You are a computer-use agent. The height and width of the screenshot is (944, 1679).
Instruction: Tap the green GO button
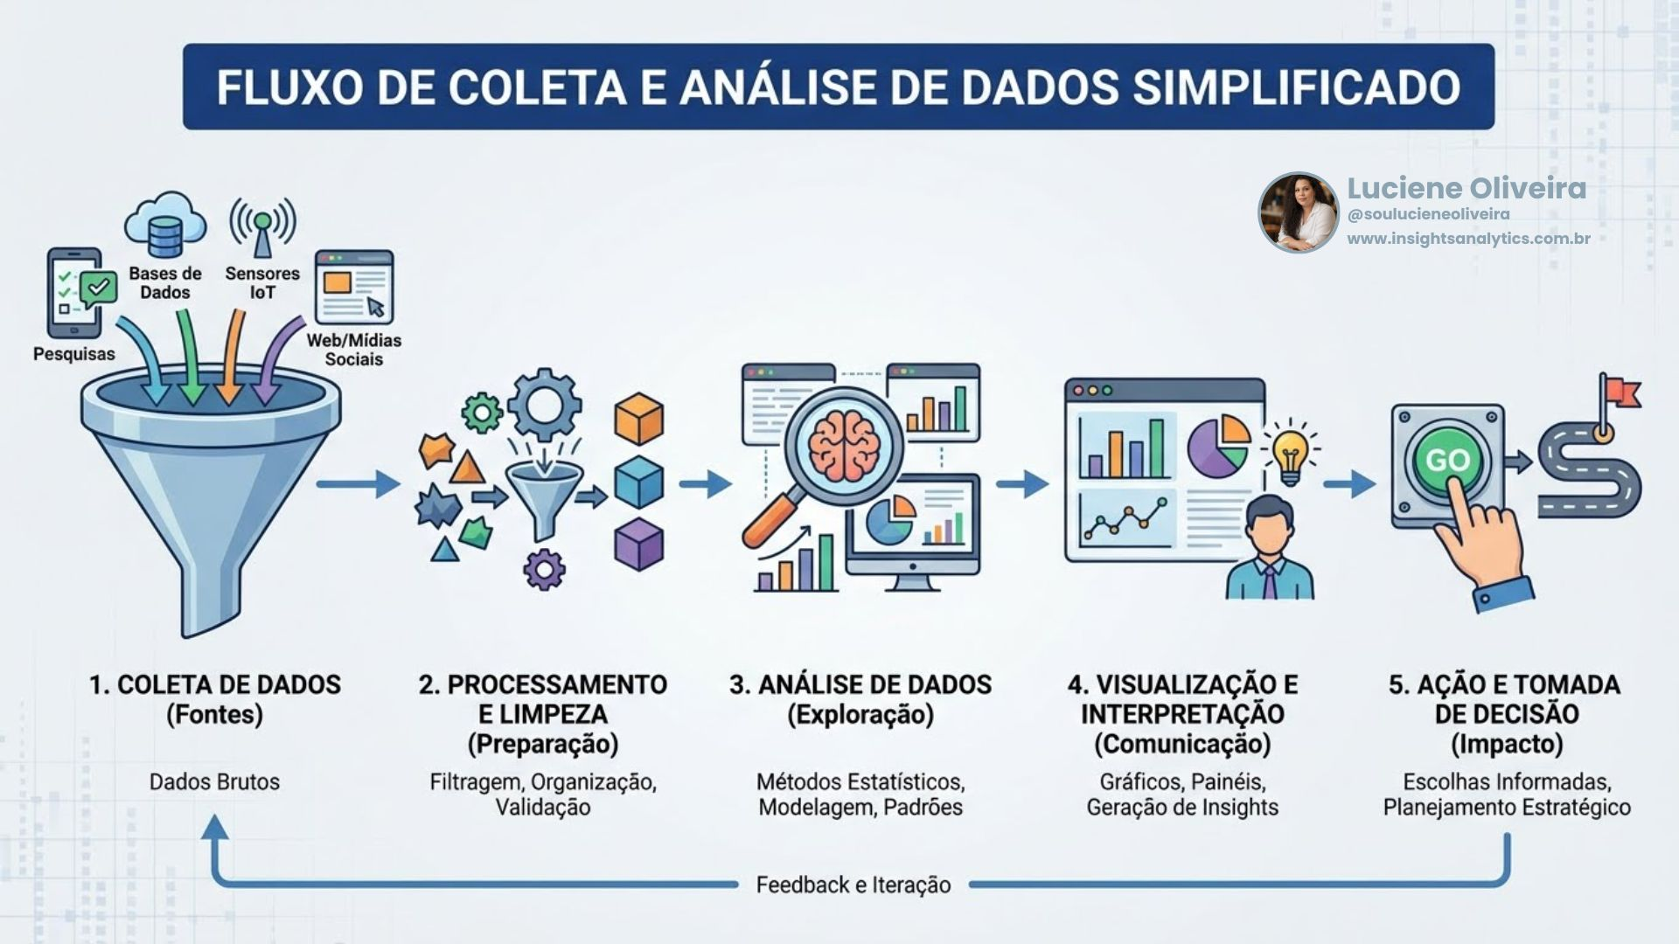(1447, 461)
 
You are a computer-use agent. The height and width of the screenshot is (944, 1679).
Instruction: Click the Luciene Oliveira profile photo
(1298, 212)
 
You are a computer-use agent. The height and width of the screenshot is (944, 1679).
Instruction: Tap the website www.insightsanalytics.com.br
(1468, 239)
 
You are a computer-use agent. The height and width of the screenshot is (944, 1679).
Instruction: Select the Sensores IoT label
(262, 282)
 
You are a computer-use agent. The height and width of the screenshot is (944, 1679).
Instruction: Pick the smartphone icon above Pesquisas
(74, 293)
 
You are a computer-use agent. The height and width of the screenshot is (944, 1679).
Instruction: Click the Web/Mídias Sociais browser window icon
(354, 287)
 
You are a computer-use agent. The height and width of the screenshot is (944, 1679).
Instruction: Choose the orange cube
(638, 419)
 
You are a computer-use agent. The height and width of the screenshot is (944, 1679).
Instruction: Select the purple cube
(638, 544)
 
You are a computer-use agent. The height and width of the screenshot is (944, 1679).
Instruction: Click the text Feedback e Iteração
(853, 885)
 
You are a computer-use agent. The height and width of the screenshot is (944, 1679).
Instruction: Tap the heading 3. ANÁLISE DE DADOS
(860, 684)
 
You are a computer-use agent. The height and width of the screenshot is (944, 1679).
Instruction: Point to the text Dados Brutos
(214, 781)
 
